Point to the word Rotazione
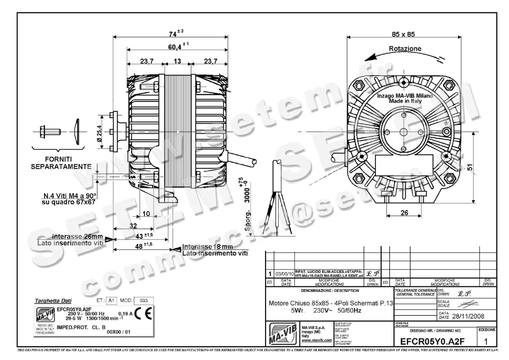tap(405, 49)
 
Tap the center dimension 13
tap(177, 61)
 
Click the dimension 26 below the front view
tap(404, 213)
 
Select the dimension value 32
tap(133, 225)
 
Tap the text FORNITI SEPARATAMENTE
tap(61, 163)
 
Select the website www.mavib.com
tap(316, 340)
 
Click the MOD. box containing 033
tap(144, 300)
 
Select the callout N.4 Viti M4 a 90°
tap(70, 196)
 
